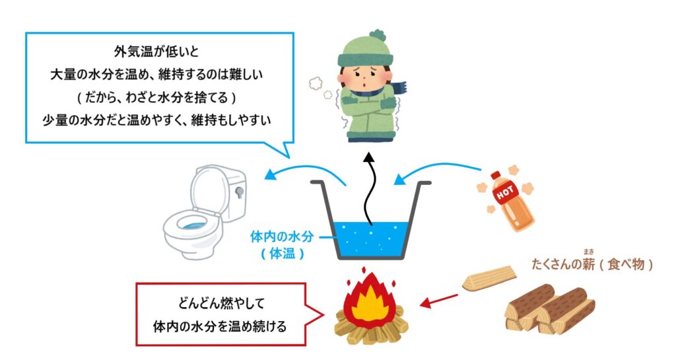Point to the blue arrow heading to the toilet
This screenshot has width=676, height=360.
(x=304, y=172)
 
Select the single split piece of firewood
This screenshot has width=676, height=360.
(x=489, y=278)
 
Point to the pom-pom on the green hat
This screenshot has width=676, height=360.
(x=378, y=34)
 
